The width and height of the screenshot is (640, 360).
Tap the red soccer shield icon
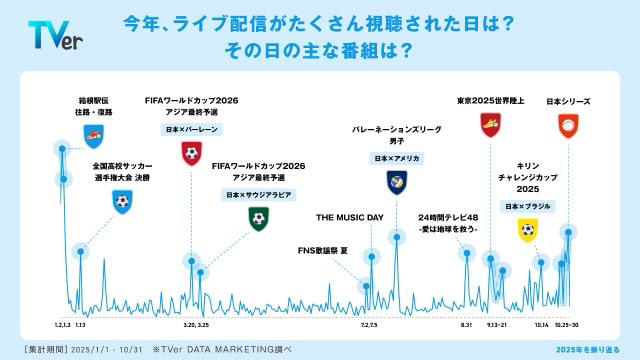coord(191,153)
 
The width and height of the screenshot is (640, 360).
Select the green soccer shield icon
coord(258,217)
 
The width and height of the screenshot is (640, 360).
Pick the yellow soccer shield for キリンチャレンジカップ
coord(527,229)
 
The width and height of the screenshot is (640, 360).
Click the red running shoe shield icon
coord(490,124)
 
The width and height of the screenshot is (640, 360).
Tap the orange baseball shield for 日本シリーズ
coord(567,124)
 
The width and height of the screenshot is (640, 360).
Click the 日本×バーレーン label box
coord(191,130)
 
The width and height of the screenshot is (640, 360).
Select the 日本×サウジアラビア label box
coord(258,194)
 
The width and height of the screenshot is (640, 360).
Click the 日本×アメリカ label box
coord(397,158)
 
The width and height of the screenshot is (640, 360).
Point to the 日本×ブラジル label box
coord(527,206)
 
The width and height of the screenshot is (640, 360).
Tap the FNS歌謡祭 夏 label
coord(325,249)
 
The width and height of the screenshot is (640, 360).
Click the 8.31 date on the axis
coord(465,326)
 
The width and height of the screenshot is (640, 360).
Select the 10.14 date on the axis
coord(541,326)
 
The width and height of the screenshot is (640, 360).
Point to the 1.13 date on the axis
coord(80,326)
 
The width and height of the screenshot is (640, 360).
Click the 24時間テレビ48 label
coord(449,222)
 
